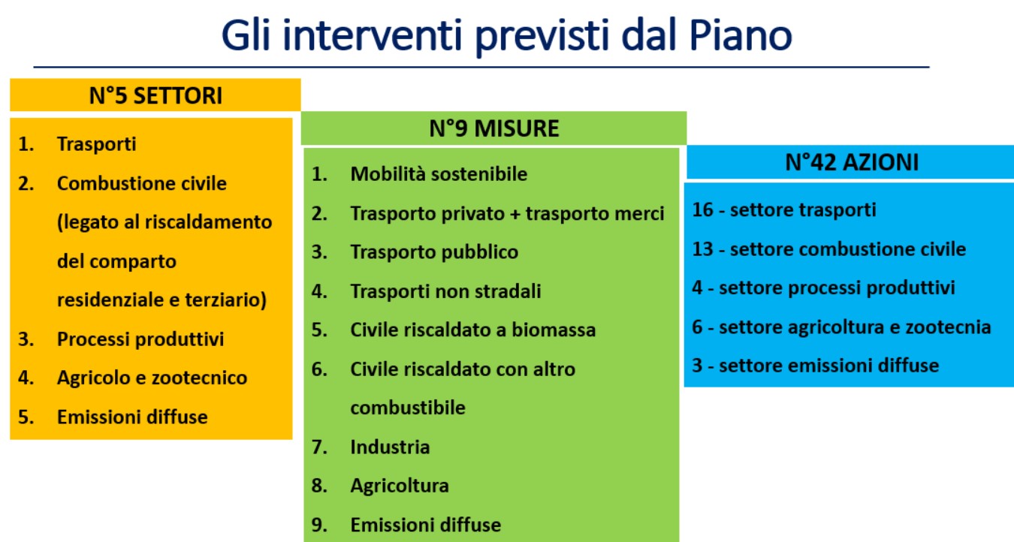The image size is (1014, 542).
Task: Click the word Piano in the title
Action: (741, 35)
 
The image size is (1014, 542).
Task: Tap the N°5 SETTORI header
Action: (155, 95)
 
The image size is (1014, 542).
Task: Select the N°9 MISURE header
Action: (494, 128)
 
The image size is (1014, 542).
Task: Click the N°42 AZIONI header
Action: (852, 162)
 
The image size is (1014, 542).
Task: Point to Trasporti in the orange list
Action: (96, 144)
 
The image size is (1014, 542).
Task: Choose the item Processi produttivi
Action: (140, 339)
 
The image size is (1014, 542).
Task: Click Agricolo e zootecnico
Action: (152, 378)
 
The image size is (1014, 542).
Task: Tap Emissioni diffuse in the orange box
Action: (132, 417)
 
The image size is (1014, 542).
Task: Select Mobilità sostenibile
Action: (439, 173)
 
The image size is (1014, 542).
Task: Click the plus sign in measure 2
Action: (515, 214)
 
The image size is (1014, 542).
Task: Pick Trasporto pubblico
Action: (434, 252)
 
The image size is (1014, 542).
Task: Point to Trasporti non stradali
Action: (445, 291)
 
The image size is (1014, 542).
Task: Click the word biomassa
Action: (554, 330)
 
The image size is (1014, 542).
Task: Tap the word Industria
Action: (390, 447)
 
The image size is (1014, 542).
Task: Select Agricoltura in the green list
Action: (400, 486)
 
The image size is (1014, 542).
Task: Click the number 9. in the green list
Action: (319, 525)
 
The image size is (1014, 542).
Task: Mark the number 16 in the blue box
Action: (702, 210)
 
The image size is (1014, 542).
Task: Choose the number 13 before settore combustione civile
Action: (702, 249)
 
